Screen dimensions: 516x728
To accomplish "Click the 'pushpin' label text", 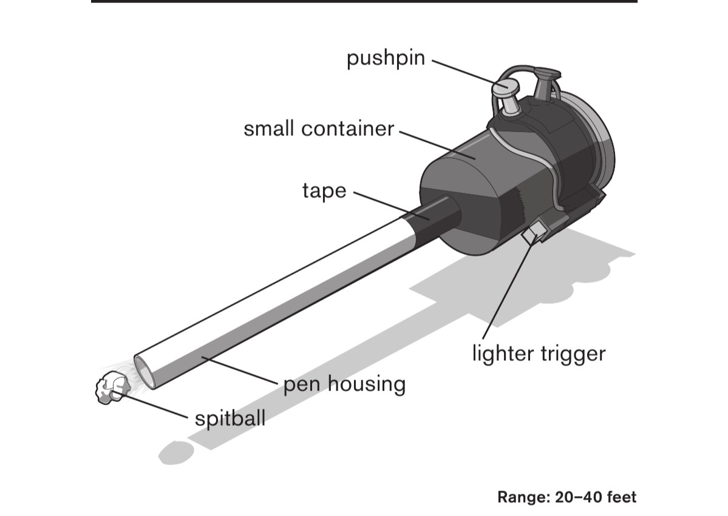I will pos(386,59).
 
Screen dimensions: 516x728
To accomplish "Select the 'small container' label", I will pos(319,129).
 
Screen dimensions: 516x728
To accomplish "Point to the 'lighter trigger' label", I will pos(539,353).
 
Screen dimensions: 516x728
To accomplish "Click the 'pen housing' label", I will pos(344,384).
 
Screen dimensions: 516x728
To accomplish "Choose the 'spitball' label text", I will pos(230,418).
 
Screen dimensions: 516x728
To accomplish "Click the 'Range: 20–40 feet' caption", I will pos(566,498).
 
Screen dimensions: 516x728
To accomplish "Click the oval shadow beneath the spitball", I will pos(176,451).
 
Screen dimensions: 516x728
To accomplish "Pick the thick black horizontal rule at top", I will pos(364,2).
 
